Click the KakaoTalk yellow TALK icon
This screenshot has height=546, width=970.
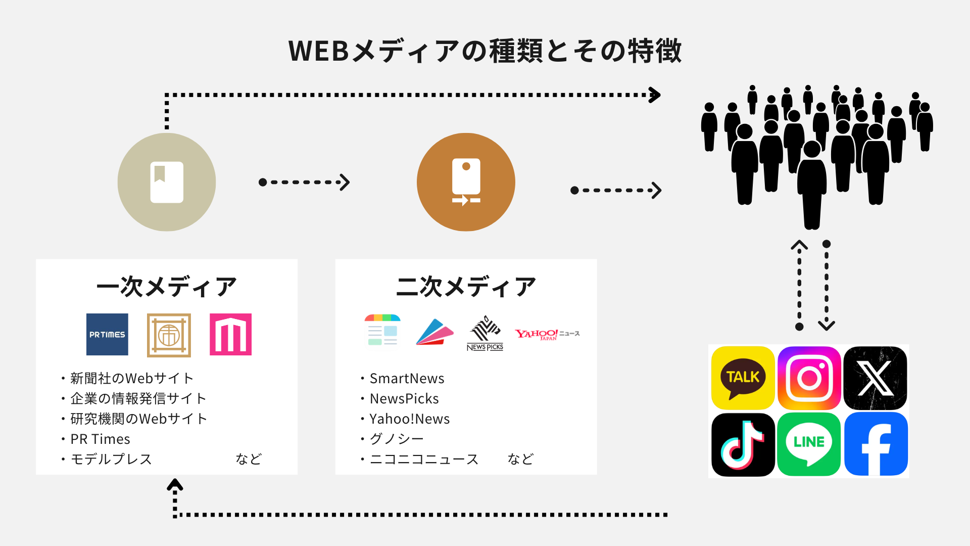[x=743, y=378]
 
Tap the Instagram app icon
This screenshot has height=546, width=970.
[x=809, y=378]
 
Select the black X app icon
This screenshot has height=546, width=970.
[x=875, y=378]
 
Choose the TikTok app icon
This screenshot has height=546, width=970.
[x=743, y=444]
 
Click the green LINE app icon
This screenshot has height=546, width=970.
[x=809, y=444]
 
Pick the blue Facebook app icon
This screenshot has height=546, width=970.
[x=876, y=444]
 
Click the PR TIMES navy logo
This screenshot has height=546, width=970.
[x=107, y=334]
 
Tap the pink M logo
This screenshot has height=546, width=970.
[x=230, y=334]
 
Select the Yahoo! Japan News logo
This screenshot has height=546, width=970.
[x=547, y=334]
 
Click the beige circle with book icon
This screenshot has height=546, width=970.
[x=167, y=182]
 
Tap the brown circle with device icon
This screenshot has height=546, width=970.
[x=466, y=182]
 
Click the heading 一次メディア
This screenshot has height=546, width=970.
[x=167, y=287]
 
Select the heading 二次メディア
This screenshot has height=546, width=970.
[x=466, y=287]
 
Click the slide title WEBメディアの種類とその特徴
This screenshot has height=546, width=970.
[x=485, y=51]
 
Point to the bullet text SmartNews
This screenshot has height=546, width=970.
[x=407, y=378]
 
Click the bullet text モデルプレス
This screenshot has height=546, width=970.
[x=111, y=459]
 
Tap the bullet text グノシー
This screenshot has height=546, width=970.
[x=397, y=439]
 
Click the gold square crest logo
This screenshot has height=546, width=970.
[x=169, y=335]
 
